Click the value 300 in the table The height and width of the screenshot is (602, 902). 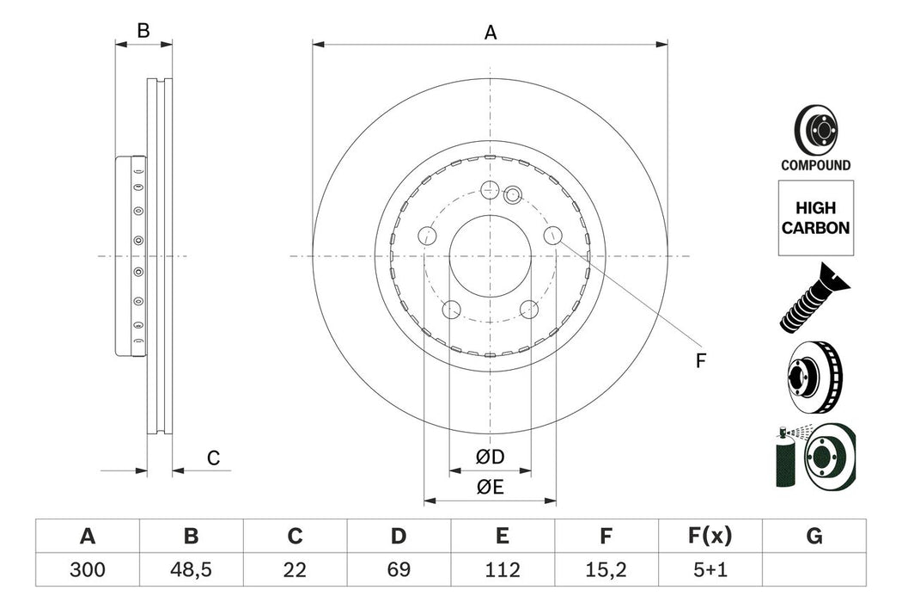87,569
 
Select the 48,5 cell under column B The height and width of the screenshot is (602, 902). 191,569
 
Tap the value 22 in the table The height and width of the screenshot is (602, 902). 295,569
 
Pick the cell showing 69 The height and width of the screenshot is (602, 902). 399,569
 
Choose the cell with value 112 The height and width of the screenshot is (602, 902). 503,569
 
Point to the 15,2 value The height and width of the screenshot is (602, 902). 606,569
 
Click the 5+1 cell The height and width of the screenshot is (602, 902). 710,569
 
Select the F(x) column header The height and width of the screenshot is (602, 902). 710,537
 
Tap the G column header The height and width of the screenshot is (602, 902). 814,537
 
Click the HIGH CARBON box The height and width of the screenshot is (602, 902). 815,218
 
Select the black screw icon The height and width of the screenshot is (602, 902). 814,299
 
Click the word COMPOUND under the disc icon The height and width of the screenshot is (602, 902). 815,165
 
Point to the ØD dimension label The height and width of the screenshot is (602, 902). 491,458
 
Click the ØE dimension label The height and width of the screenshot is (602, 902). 491,487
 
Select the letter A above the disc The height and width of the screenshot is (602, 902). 491,33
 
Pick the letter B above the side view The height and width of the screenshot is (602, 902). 143,31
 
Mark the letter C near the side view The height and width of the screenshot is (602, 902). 214,458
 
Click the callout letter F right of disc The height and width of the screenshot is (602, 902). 700,361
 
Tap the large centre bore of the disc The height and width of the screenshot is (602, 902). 490,256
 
